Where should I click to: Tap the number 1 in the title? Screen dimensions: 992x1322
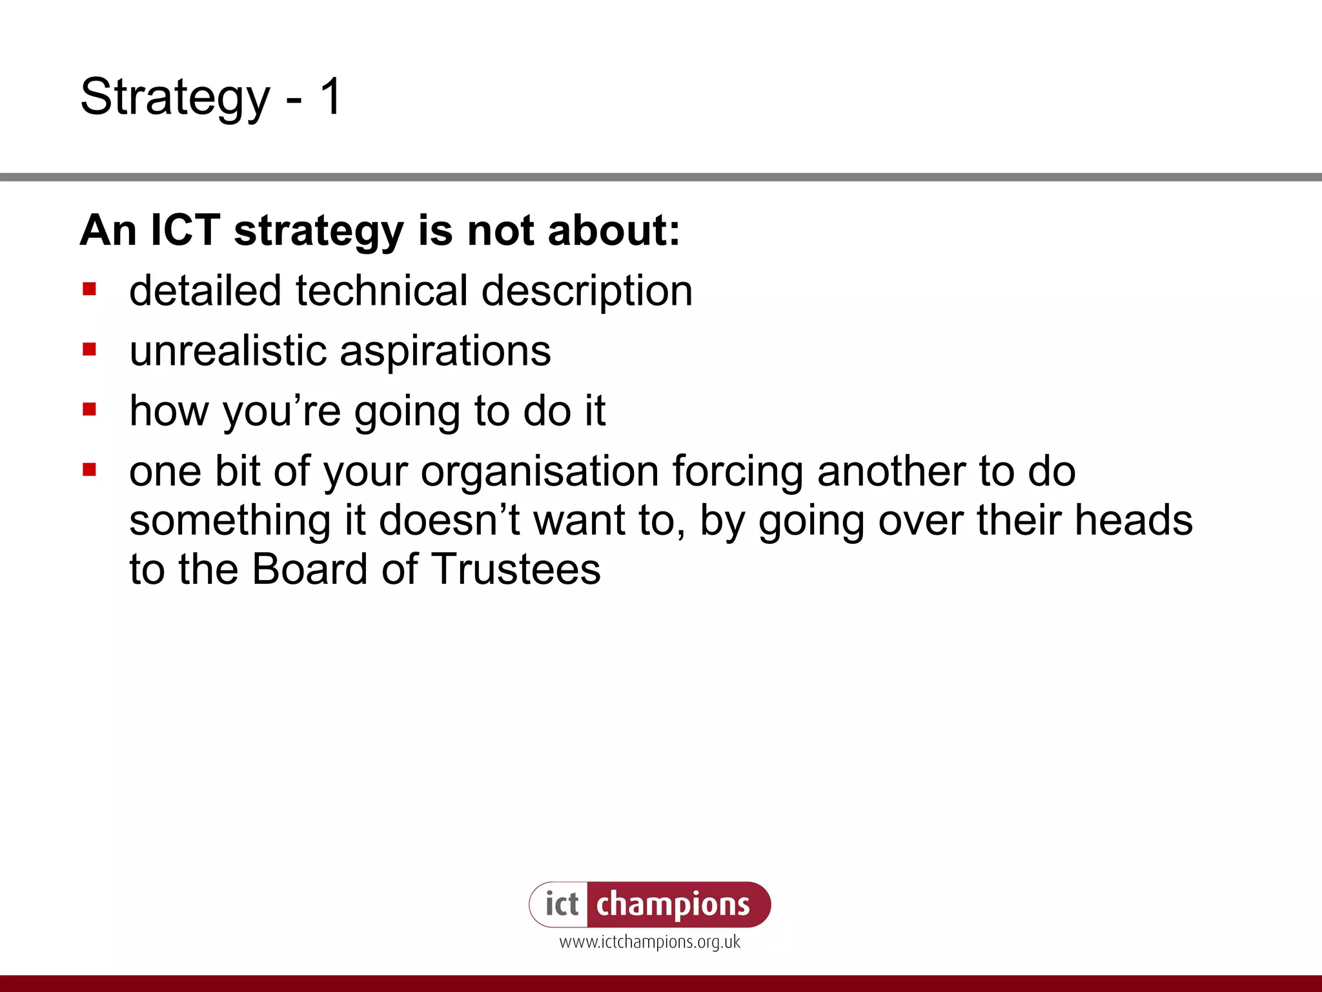pos(330,97)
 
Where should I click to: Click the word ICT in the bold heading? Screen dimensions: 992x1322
pos(185,231)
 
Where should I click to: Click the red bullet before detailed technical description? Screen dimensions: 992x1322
pos(90,289)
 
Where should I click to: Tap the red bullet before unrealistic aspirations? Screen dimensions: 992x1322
pos(90,349)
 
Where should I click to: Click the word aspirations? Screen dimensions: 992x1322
pos(445,352)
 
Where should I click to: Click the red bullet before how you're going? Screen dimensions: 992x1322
pos(90,409)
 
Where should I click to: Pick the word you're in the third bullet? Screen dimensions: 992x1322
pos(281,411)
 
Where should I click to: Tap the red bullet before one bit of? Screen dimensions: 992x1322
pos(90,470)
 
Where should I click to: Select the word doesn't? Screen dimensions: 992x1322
pos(449,521)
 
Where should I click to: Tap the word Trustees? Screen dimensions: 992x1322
pos(515,570)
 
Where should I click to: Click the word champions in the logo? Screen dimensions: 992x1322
pos(673,905)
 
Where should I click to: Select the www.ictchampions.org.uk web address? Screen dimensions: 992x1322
pos(649,942)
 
